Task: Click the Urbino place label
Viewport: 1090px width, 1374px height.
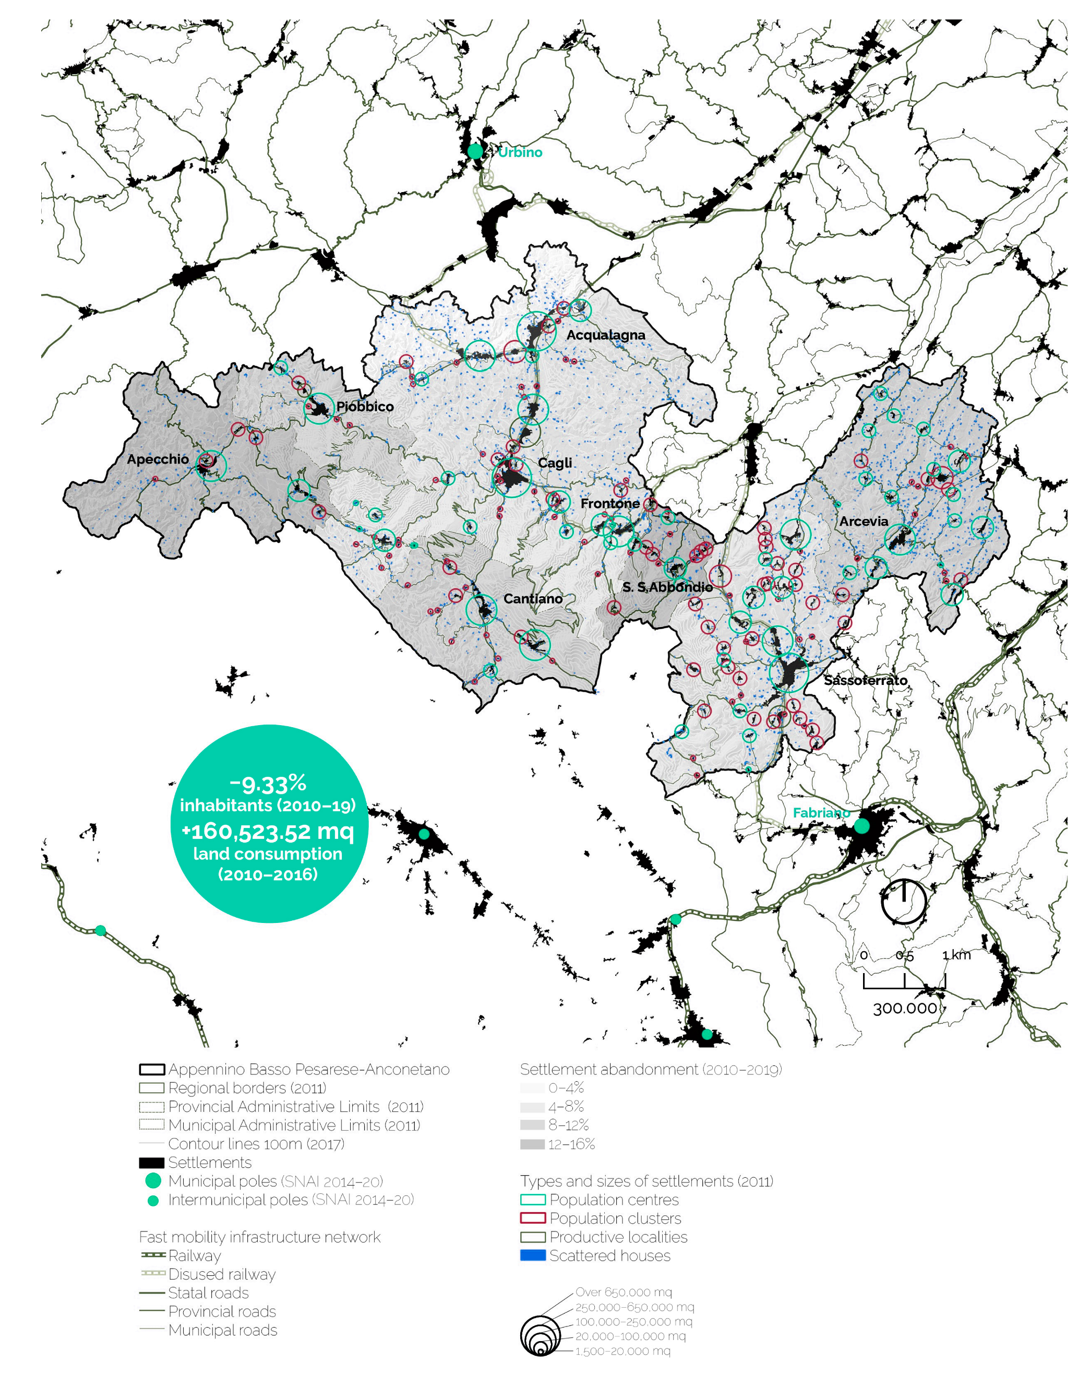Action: tap(519, 152)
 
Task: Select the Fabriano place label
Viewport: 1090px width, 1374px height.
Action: tap(821, 812)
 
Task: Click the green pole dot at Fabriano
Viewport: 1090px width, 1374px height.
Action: tap(861, 826)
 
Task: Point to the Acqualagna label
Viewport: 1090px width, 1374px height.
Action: tap(605, 335)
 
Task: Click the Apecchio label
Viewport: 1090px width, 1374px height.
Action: tap(158, 459)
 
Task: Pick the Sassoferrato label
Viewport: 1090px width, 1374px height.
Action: tap(865, 681)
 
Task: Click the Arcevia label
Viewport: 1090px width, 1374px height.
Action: tap(863, 522)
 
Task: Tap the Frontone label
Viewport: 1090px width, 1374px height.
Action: tap(609, 503)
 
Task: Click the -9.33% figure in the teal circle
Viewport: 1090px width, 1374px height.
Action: tap(268, 783)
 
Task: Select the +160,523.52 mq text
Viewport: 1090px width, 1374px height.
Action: tap(268, 831)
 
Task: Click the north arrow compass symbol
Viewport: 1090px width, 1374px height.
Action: tap(903, 902)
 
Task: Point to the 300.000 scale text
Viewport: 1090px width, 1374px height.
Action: tap(905, 1009)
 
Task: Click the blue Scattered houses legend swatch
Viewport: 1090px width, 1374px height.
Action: tap(533, 1255)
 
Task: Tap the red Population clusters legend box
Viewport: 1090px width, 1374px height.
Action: tap(533, 1218)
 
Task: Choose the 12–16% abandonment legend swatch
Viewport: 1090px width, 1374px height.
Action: tap(533, 1144)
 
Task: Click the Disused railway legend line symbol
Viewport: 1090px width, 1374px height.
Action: tap(152, 1274)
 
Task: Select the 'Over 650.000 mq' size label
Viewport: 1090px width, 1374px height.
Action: tap(623, 1292)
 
